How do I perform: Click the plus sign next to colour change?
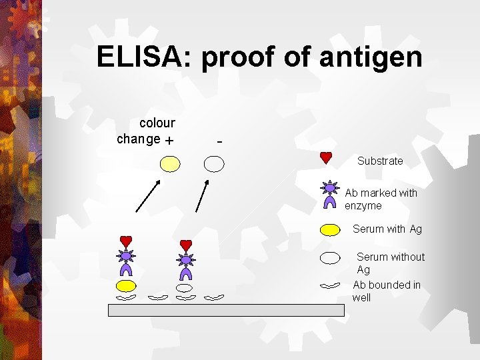coord(169,141)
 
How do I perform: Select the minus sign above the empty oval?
coord(220,141)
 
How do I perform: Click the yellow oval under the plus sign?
coord(170,163)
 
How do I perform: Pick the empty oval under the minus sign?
coord(214,163)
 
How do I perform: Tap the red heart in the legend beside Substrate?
coord(326,158)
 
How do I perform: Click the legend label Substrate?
coord(380,161)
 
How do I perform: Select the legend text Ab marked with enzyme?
coord(381,199)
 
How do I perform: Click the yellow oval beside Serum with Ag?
coord(330,229)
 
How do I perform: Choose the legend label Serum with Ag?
coord(387,229)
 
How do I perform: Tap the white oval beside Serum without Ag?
coord(330,258)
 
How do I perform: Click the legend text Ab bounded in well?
coord(387,291)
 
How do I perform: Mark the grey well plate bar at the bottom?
coord(227,310)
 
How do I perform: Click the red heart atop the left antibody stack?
coord(126,241)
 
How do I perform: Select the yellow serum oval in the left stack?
coord(126,286)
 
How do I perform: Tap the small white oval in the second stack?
coord(184,287)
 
